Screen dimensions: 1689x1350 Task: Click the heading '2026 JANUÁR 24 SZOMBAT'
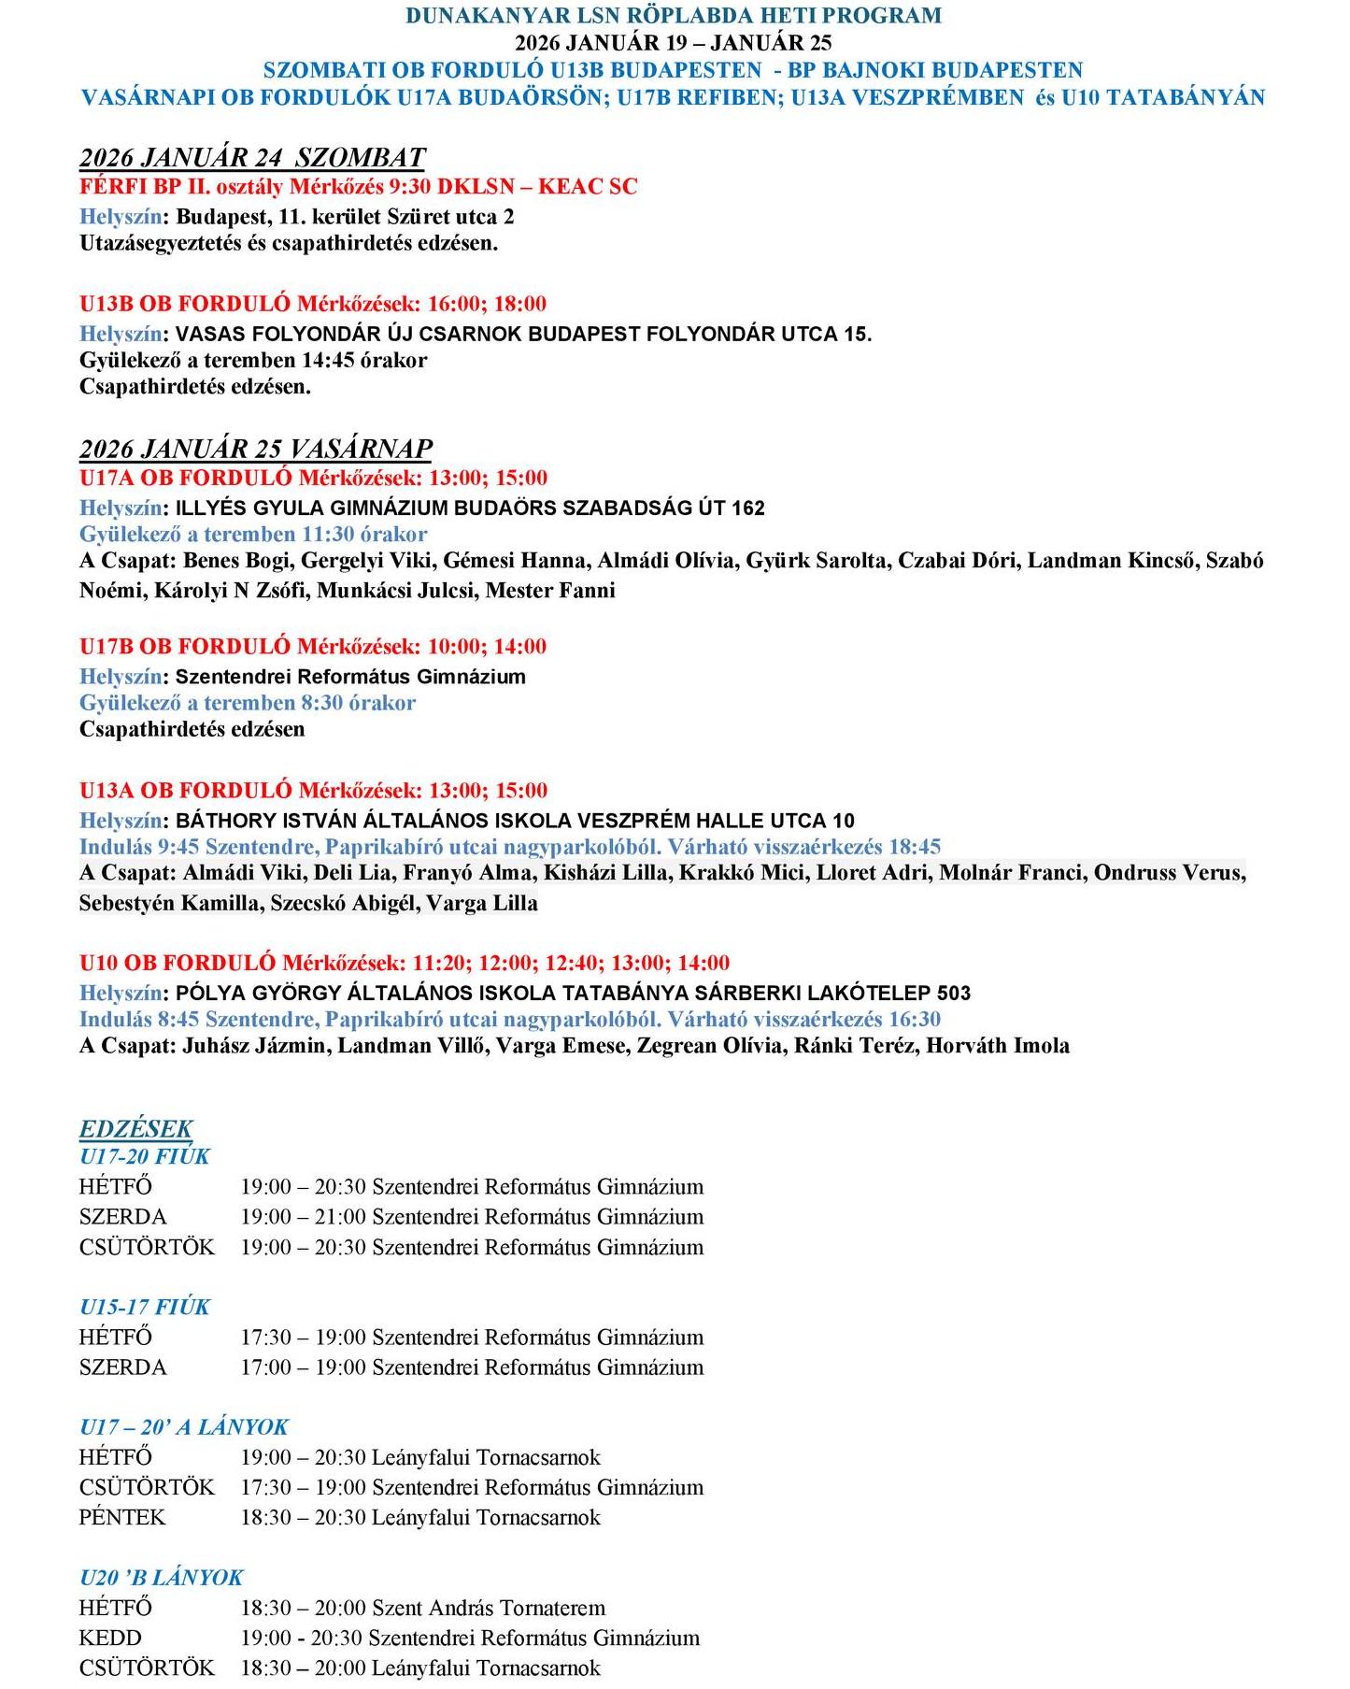coord(252,157)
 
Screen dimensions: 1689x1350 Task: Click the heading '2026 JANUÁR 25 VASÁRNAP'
coord(256,449)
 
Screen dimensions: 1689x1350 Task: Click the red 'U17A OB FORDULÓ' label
coord(186,478)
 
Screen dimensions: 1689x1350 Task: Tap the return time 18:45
coord(915,847)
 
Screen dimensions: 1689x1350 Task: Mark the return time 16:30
coord(915,1020)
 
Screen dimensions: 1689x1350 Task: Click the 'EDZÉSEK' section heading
coord(136,1128)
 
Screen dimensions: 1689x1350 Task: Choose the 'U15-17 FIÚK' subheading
coord(145,1307)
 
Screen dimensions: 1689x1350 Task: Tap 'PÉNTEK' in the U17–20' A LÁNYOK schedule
coord(122,1517)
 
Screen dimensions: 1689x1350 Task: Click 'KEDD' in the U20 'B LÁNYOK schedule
coord(110,1638)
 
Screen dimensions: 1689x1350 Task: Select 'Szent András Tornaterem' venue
coord(489,1608)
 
